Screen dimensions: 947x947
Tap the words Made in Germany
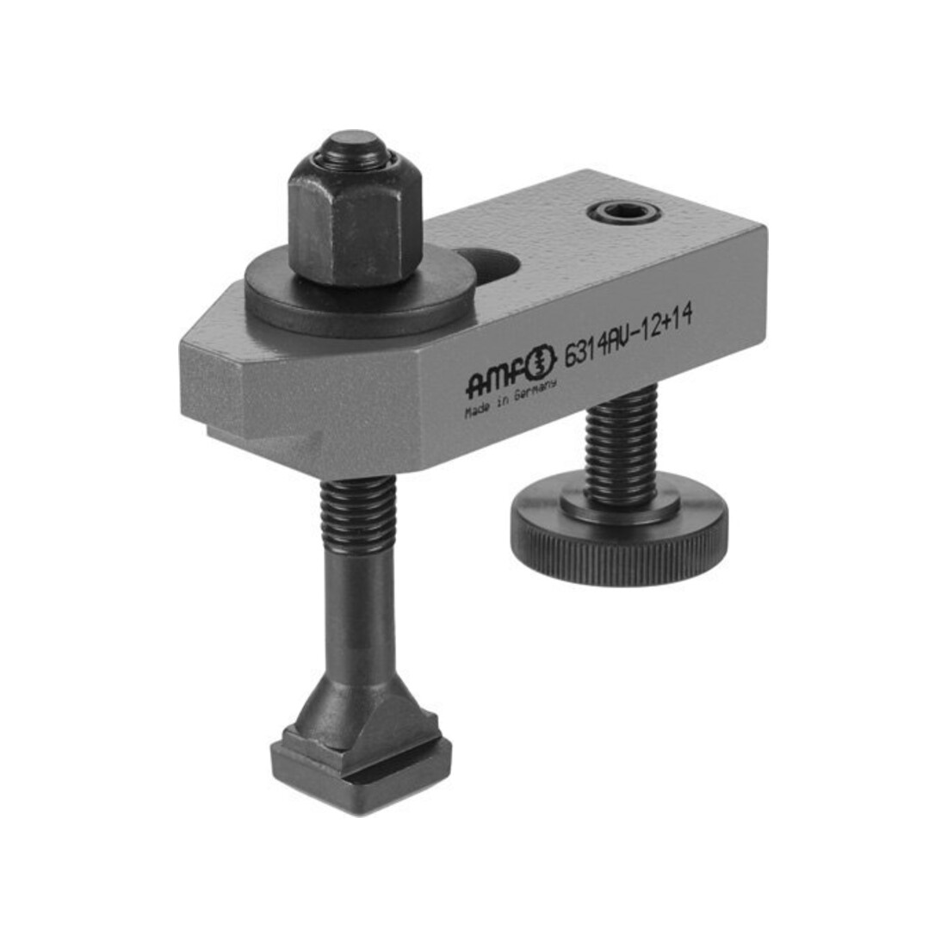(x=510, y=399)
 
